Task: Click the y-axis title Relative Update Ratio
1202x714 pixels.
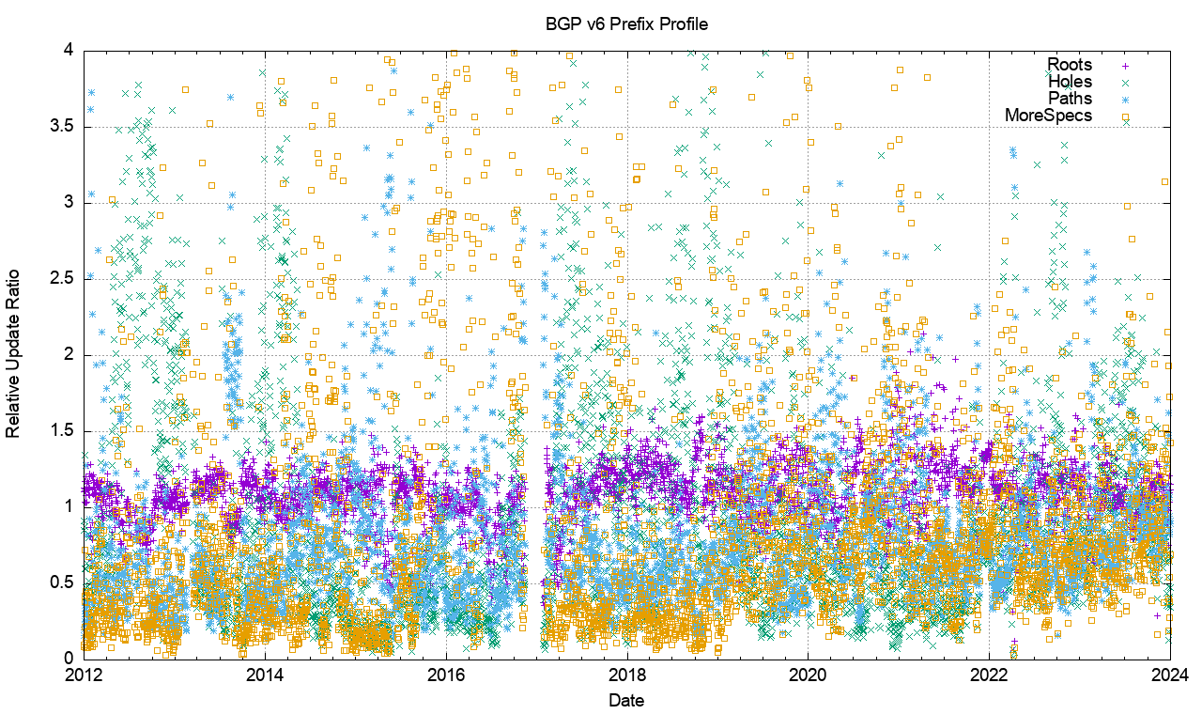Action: [x=13, y=353]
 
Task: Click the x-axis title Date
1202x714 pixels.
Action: [x=626, y=700]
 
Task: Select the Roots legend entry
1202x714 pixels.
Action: [x=1070, y=65]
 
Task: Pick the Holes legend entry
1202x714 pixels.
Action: [x=1070, y=82]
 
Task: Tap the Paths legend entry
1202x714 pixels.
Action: [x=1070, y=99]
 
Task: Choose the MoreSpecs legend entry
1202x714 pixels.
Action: [x=1049, y=116]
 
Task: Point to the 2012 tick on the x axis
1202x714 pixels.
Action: [x=85, y=674]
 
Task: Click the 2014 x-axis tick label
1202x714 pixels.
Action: [x=265, y=674]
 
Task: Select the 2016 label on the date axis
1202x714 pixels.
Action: [x=446, y=674]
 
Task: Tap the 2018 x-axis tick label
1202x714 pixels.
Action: [x=627, y=674]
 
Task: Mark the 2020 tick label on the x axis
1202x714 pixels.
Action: [x=808, y=674]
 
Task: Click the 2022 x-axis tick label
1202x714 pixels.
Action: [x=989, y=674]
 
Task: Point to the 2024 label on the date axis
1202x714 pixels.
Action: [x=1169, y=674]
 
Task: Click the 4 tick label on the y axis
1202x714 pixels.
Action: [x=70, y=50]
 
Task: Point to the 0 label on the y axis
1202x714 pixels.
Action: [x=70, y=659]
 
